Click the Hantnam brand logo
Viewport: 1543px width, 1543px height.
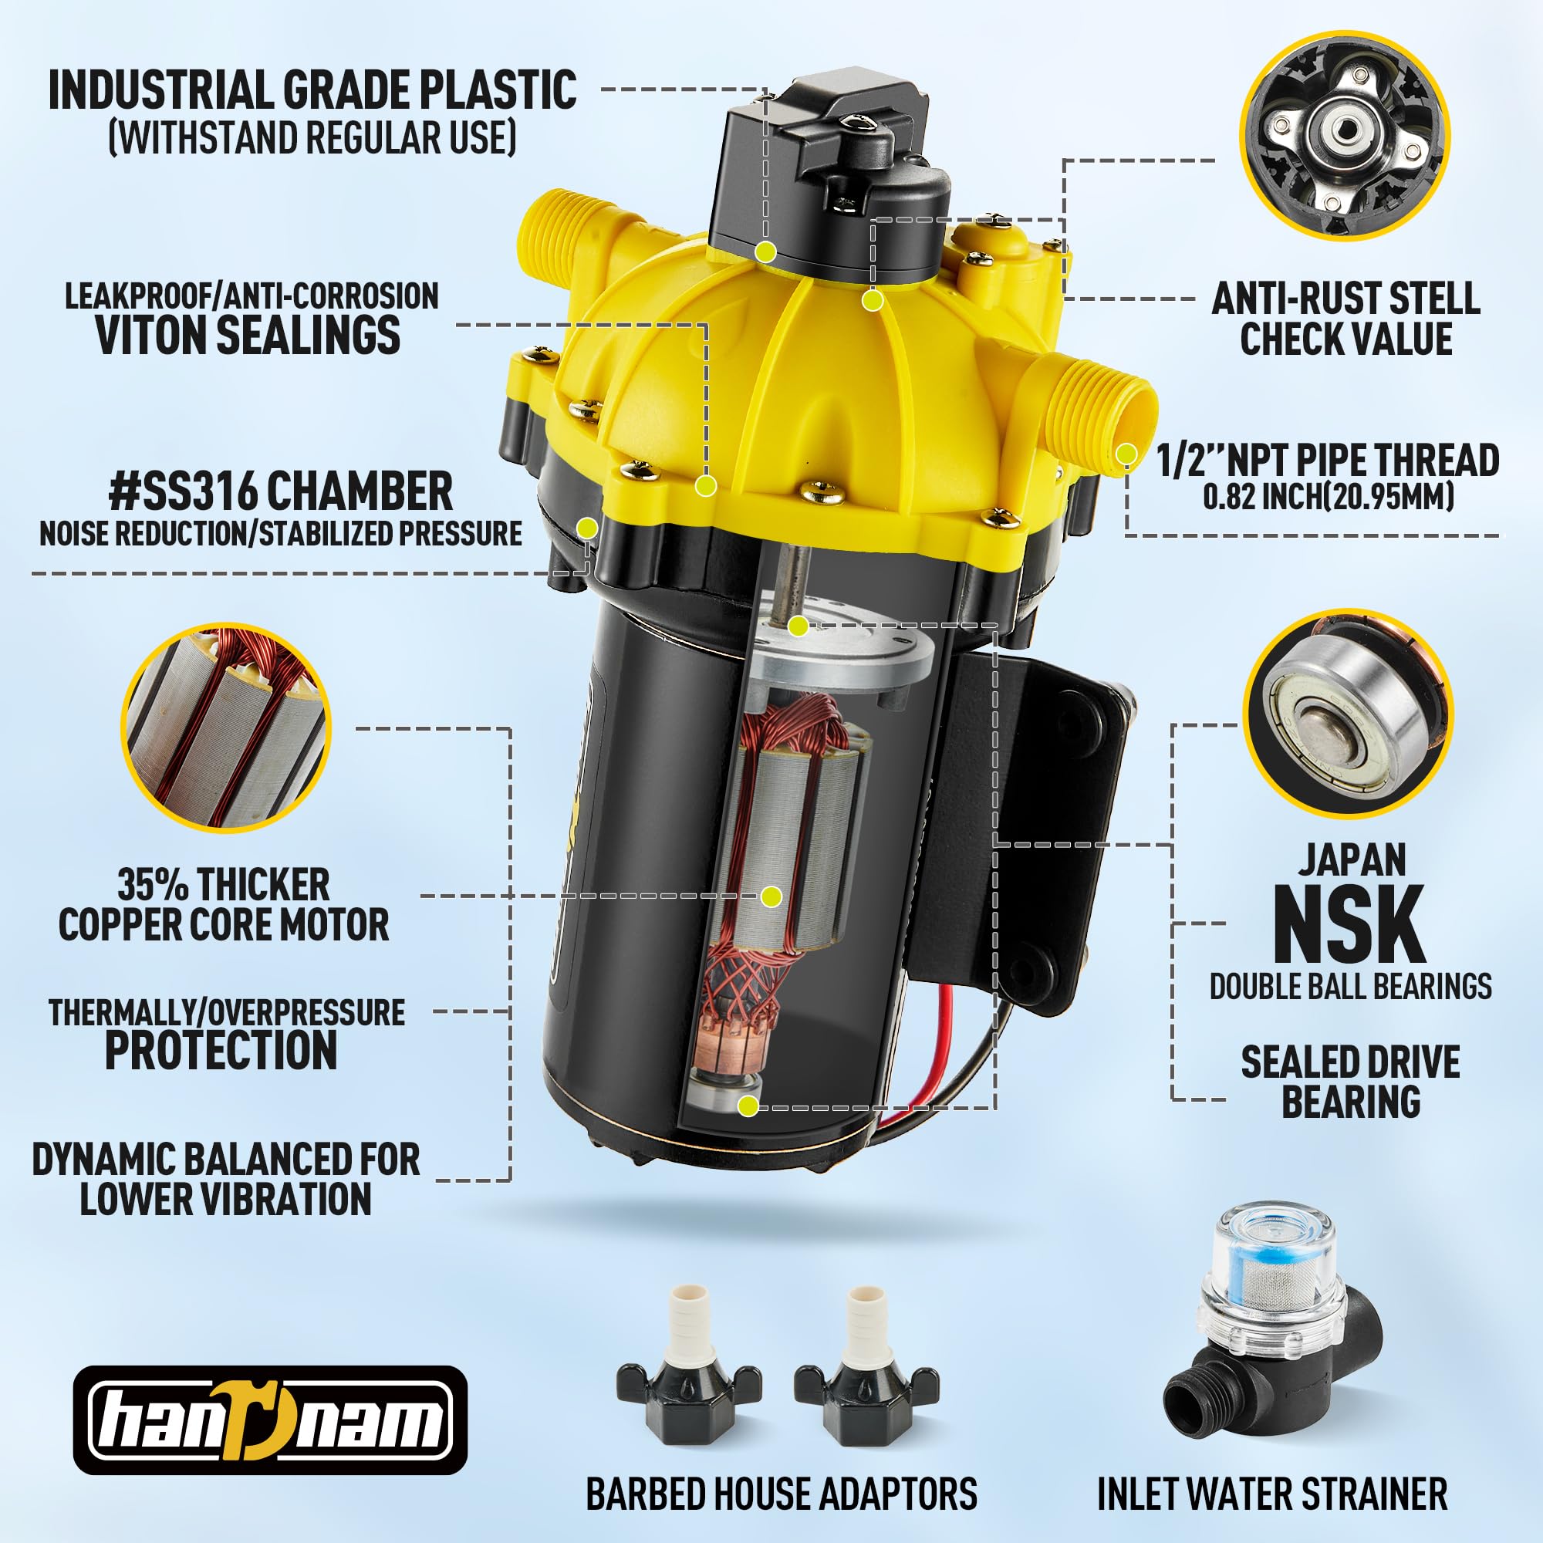coord(270,1420)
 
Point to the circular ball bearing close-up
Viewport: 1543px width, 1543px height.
coord(1347,713)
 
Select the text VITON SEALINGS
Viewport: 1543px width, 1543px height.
coord(248,335)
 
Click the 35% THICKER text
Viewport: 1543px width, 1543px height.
coord(224,884)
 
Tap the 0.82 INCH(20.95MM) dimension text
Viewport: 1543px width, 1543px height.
coord(1329,497)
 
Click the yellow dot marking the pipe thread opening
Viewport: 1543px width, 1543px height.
coord(1127,454)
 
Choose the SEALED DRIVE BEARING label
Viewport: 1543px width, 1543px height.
coord(1349,1082)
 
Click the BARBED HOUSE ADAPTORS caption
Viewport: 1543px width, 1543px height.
coord(781,1493)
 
